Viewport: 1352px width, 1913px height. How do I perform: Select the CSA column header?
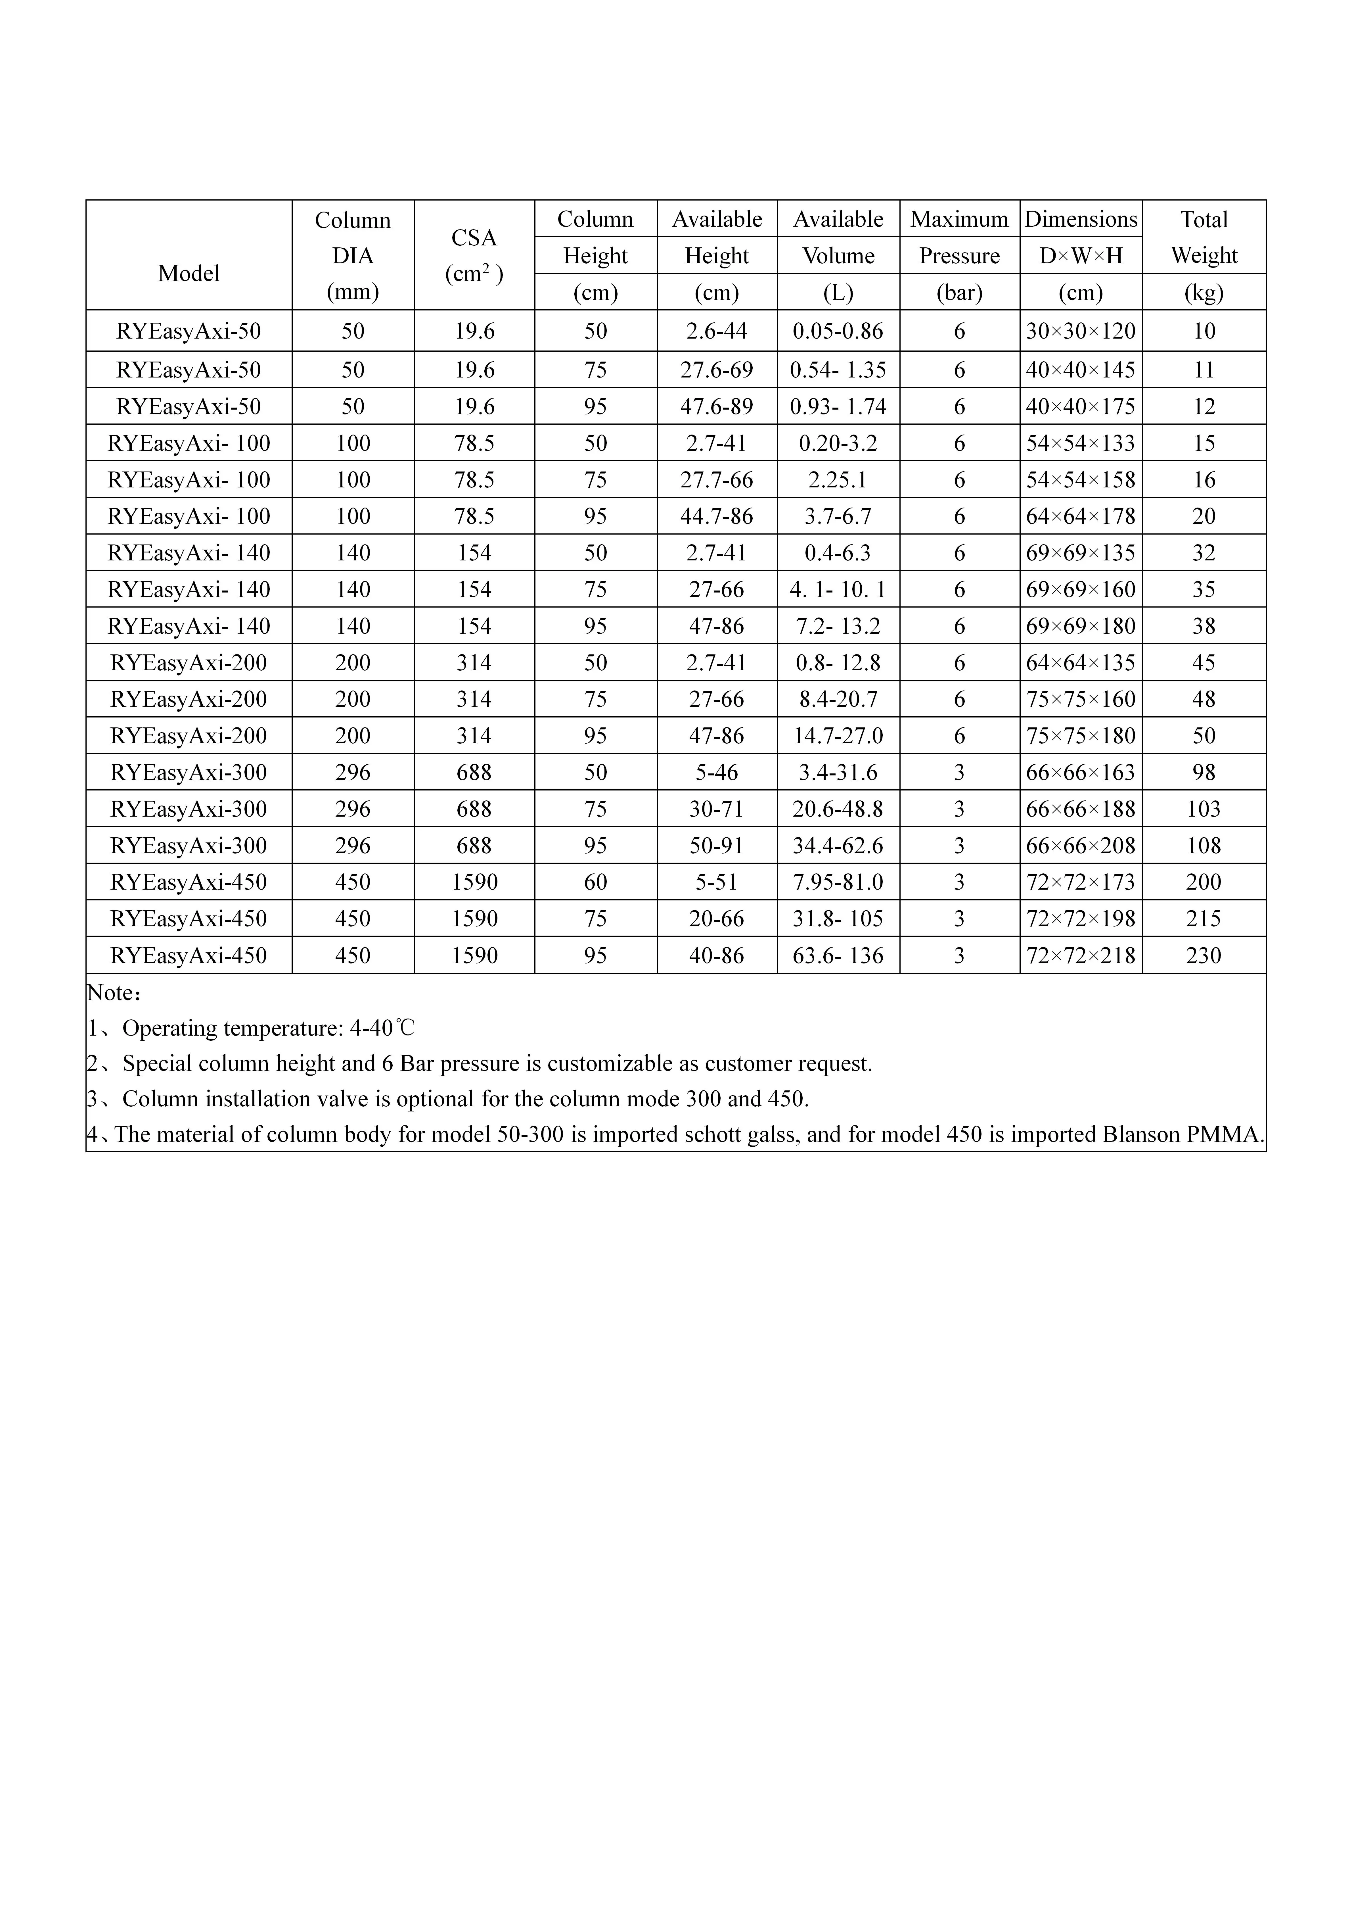click(474, 238)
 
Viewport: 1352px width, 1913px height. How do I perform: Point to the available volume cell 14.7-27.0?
click(838, 736)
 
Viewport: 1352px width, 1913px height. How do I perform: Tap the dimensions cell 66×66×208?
click(1080, 846)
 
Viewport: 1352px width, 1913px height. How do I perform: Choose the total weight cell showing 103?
click(1204, 809)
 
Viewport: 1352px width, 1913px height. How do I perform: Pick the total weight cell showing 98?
click(1204, 772)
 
